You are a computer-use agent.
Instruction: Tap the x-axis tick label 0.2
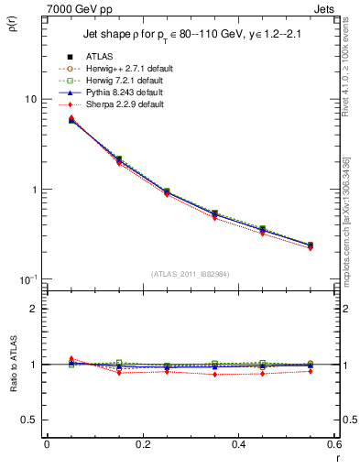pyautogui.click(x=143, y=444)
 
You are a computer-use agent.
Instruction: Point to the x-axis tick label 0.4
pyautogui.click(x=238, y=444)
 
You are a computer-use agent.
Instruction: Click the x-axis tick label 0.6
pyautogui.click(x=333, y=444)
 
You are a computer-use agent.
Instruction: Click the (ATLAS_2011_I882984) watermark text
pyautogui.click(x=191, y=273)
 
